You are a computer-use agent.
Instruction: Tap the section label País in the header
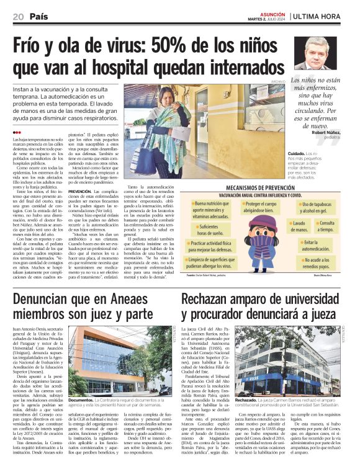(x=39, y=16)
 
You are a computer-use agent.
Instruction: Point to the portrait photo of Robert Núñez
(x=316, y=54)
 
